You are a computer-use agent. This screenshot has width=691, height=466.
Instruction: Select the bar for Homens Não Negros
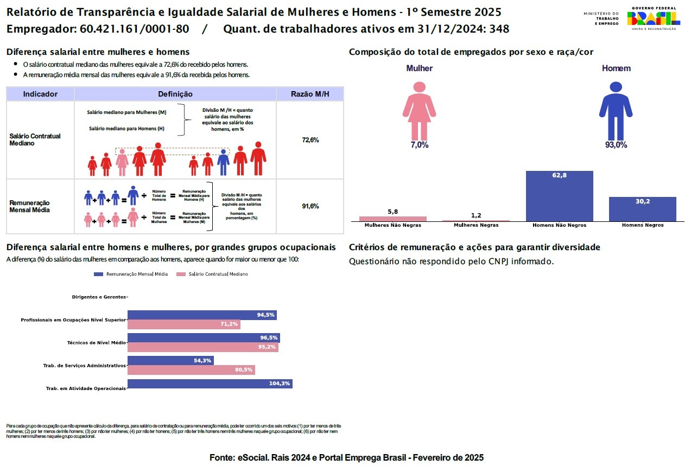pyautogui.click(x=559, y=196)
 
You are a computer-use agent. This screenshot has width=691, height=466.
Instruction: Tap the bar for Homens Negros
pyautogui.click(x=642, y=209)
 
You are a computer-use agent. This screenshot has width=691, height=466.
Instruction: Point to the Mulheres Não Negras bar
pyautogui.click(x=393, y=219)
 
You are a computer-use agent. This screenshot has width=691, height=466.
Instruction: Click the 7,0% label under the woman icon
pyautogui.click(x=419, y=145)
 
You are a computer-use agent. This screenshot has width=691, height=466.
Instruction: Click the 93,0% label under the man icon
pyautogui.click(x=616, y=145)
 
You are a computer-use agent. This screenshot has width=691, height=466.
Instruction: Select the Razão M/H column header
pyautogui.click(x=310, y=94)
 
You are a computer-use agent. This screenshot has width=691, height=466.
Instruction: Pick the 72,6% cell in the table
pyautogui.click(x=310, y=140)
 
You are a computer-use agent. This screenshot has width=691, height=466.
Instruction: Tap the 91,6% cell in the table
pyautogui.click(x=310, y=206)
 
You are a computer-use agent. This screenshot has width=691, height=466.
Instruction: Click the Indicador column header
pyautogui.click(x=40, y=94)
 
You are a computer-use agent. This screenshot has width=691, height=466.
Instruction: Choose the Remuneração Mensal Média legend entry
pyautogui.click(x=131, y=275)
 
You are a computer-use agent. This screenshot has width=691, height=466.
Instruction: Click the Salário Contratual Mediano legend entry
pyautogui.click(x=212, y=275)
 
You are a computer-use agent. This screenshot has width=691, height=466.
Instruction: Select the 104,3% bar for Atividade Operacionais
pyautogui.click(x=210, y=384)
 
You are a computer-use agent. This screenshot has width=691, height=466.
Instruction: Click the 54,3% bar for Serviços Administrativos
pyautogui.click(x=170, y=360)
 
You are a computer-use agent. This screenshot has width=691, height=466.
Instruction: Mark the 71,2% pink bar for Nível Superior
pyautogui.click(x=183, y=324)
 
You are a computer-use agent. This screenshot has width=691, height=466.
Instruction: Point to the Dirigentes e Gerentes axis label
pyautogui.click(x=99, y=297)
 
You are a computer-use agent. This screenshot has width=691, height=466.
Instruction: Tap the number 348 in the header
pyautogui.click(x=499, y=29)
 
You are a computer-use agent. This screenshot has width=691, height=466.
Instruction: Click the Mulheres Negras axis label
pyautogui.click(x=476, y=225)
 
